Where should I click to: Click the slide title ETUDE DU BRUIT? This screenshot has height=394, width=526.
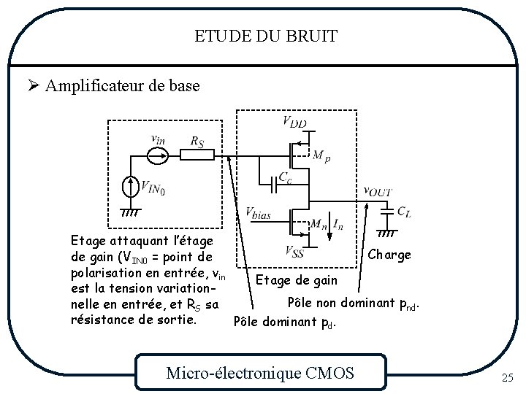pos(266,36)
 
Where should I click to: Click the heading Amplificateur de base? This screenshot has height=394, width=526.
pos(121,86)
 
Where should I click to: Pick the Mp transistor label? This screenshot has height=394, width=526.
pos(321,156)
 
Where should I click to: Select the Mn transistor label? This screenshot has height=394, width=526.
pos(319,224)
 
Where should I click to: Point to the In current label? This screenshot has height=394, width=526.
pos(338,223)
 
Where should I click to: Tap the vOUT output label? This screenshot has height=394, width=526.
pos(378,191)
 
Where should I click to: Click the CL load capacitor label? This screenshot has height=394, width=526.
pos(403,212)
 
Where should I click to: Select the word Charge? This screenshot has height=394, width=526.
pos(389,255)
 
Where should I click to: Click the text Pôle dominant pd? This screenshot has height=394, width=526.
pos(284,321)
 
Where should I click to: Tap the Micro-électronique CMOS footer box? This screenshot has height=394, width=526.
pos(260,374)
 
